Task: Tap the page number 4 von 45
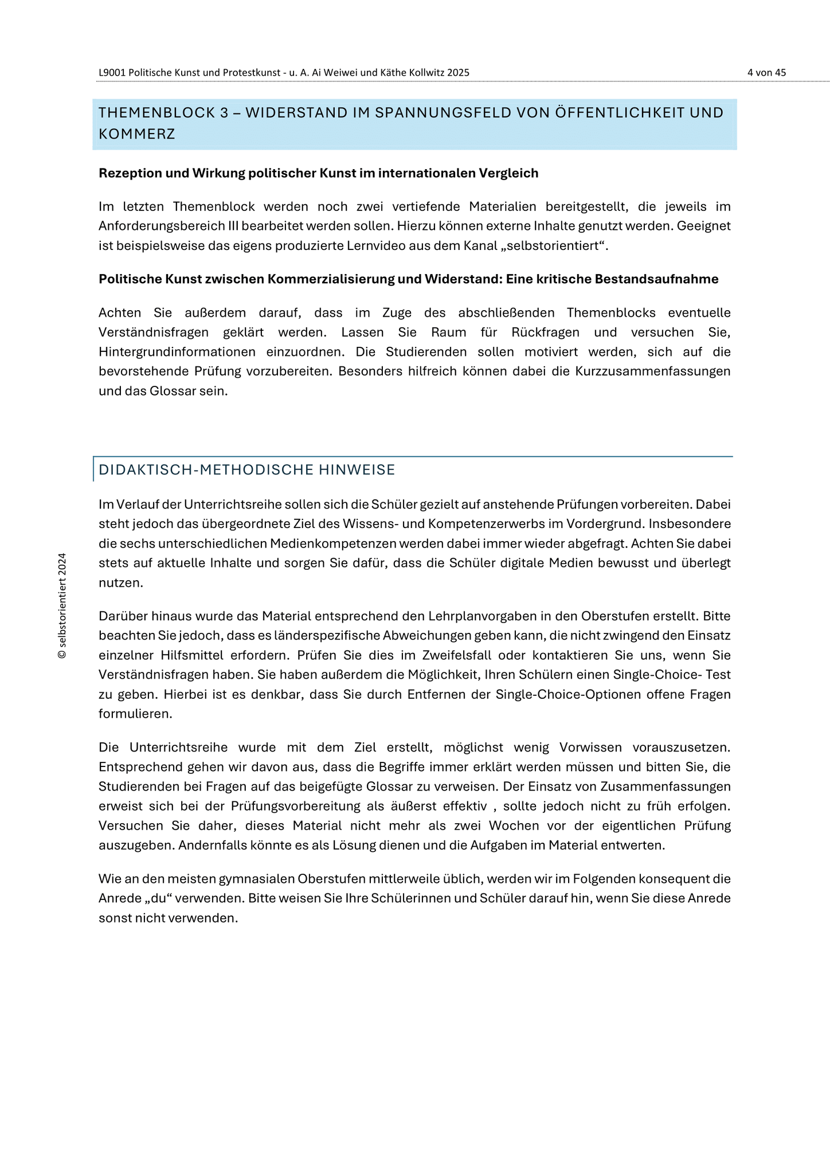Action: tap(766, 73)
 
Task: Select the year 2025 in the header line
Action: tap(459, 73)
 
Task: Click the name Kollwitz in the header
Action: tap(428, 73)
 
